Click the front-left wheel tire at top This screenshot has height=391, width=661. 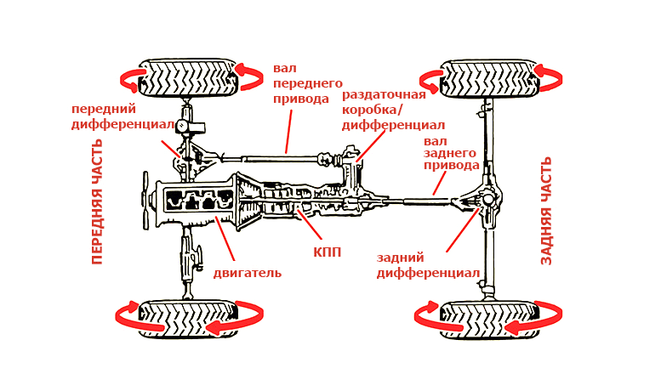[190, 78]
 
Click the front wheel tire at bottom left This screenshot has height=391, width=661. [188, 319]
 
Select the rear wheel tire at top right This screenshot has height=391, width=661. [489, 78]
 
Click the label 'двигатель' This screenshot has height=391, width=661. [247, 273]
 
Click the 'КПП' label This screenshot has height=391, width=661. [326, 252]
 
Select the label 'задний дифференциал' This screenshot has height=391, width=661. [428, 265]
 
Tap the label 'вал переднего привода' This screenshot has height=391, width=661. [307, 83]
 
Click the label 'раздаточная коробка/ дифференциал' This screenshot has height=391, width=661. [384, 110]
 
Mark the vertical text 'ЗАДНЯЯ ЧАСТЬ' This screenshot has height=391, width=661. [547, 210]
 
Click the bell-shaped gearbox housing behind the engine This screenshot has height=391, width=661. [254, 201]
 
